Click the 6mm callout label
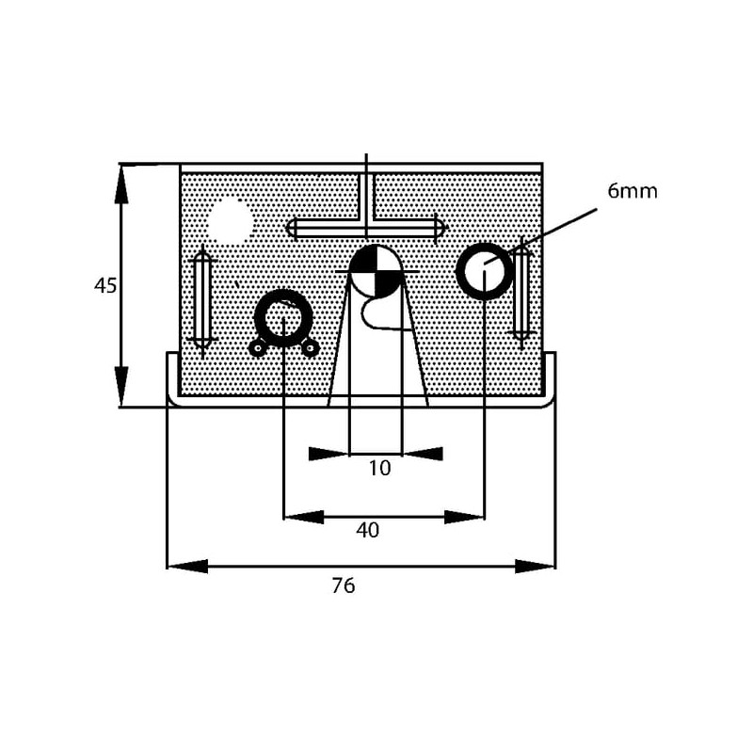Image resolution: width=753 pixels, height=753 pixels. (632, 191)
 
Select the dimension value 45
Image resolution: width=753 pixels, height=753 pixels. (105, 285)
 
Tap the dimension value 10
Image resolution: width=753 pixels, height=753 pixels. (378, 468)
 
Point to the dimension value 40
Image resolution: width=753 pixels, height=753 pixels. (367, 531)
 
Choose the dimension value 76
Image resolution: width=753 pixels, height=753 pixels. (344, 585)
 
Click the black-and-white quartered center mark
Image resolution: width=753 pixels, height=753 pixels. (374, 271)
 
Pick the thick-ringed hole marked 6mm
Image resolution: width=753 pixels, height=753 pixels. (484, 271)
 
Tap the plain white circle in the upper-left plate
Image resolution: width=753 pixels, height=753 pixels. (231, 222)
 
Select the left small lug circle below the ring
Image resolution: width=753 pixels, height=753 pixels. (257, 348)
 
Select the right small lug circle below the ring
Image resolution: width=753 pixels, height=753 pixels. (310, 348)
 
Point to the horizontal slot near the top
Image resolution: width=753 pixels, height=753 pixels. (364, 228)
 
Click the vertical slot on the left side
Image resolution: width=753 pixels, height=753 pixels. (201, 299)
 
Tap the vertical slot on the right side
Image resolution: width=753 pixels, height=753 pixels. (521, 293)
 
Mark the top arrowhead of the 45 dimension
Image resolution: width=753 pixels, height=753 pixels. (121, 183)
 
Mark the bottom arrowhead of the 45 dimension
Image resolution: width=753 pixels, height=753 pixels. (121, 388)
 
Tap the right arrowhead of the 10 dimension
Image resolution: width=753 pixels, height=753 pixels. (424, 454)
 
